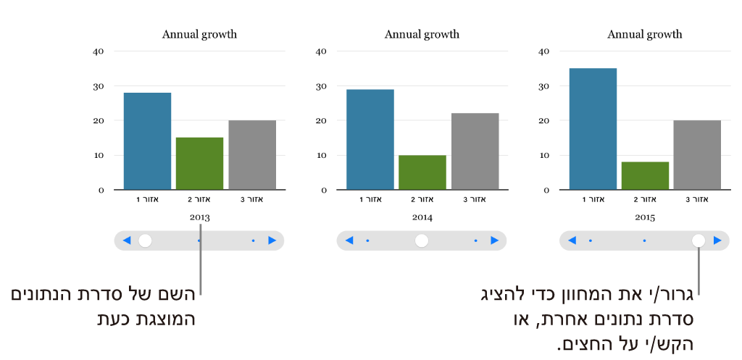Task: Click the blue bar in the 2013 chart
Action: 147,141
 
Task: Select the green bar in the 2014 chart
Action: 422,172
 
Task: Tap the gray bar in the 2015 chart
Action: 697,155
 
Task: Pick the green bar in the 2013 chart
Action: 199,164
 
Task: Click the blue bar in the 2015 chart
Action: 593,129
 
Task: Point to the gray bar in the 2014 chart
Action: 475,151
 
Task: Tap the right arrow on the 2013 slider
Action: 272,240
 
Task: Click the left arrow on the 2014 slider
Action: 349,240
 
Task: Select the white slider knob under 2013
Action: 145,240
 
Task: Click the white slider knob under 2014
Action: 422,240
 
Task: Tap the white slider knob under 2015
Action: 699,240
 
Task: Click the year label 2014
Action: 422,217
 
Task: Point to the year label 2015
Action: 644,217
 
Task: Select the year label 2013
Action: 199,217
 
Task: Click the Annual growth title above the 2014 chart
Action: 422,34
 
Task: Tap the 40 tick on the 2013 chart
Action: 99,51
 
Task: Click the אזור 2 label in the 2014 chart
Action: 422,199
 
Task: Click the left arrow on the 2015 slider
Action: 572,240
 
